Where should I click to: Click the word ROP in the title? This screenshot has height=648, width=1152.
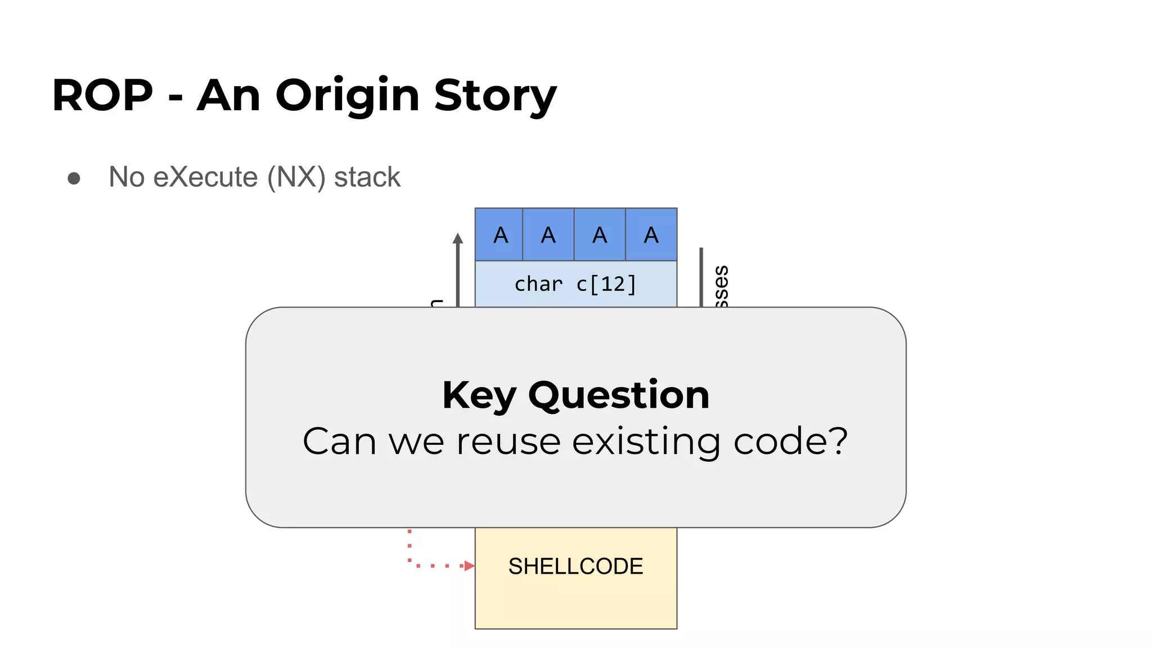[102, 96]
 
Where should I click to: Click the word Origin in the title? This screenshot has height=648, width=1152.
[347, 96]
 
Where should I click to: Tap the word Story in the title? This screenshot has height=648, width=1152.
[495, 96]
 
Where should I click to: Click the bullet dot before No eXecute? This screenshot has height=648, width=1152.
[74, 178]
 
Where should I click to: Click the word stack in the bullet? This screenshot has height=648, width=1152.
[367, 177]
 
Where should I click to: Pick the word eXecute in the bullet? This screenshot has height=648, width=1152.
[205, 177]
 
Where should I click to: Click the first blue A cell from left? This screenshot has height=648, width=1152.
[499, 235]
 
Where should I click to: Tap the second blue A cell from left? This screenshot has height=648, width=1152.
[548, 235]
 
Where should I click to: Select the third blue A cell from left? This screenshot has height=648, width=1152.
[600, 235]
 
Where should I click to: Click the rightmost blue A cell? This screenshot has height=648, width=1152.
[651, 235]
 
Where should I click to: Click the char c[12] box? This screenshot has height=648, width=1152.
[575, 284]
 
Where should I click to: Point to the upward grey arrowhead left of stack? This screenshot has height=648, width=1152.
[458, 238]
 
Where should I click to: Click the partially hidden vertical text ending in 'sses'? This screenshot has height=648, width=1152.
[721, 286]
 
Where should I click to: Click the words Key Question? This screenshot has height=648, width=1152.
[575, 395]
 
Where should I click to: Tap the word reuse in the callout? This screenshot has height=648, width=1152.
[508, 442]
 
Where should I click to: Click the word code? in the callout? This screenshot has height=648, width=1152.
[790, 442]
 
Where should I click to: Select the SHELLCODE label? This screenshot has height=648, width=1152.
[575, 566]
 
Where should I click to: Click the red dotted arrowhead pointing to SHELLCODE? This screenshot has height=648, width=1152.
[470, 566]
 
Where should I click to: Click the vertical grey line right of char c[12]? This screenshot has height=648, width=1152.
[701, 277]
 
